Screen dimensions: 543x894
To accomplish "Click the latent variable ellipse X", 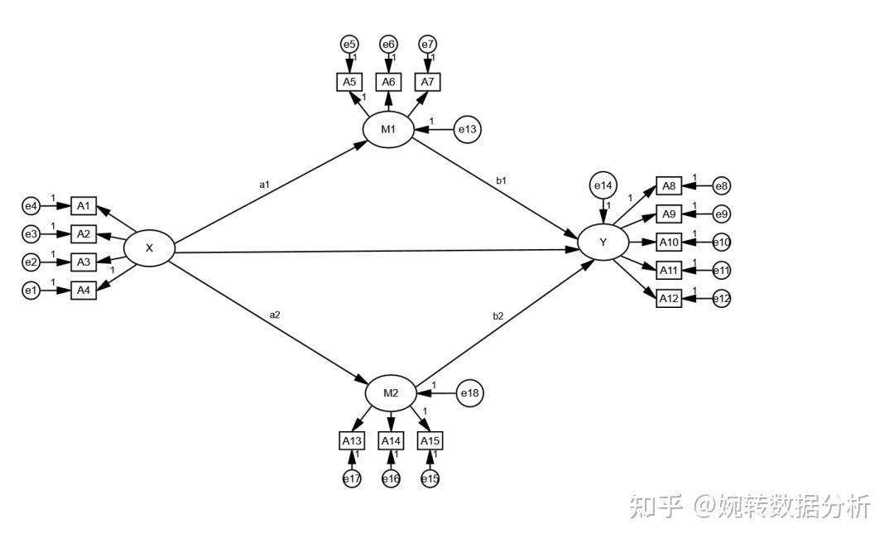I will point(149,247).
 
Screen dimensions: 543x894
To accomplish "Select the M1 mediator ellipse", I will point(388,129).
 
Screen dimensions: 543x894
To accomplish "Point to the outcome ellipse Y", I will point(603,243).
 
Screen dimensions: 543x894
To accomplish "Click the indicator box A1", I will point(83,205).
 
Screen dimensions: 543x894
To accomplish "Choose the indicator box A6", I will point(388,82).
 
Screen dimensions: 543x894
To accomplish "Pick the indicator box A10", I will point(669,243).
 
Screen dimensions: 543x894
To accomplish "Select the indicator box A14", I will point(391,440).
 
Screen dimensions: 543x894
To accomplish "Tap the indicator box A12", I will point(669,299).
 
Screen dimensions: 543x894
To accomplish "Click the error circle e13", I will point(469,129).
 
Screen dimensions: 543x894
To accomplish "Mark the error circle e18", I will point(470,393).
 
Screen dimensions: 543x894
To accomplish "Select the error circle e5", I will point(349,44).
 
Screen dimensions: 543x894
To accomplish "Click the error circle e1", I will point(31,291).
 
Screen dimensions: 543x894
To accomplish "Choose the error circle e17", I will point(352,478).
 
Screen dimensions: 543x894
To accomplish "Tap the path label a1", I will point(264,184).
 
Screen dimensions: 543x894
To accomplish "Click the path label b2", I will point(498,315).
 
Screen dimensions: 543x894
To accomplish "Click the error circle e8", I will point(721,187).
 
